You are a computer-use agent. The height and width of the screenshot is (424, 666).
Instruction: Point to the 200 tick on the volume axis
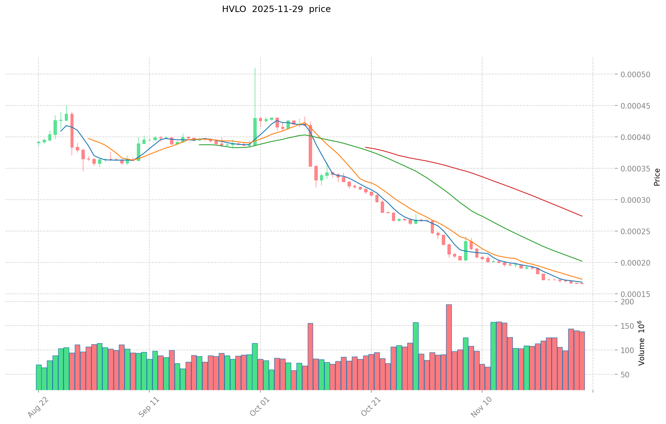pos(629,302)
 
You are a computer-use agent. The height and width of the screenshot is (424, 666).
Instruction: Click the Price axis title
pos(657,177)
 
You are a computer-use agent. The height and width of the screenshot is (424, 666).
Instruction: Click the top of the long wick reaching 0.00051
pos(255,68)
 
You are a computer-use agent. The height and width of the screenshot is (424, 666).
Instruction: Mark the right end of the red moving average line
pos(582,216)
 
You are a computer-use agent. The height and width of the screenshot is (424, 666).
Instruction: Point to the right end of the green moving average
pos(582,261)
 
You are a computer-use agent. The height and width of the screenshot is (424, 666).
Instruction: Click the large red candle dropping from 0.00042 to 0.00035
pos(310,146)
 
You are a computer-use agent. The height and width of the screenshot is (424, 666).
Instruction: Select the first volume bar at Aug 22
pos(38,377)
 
